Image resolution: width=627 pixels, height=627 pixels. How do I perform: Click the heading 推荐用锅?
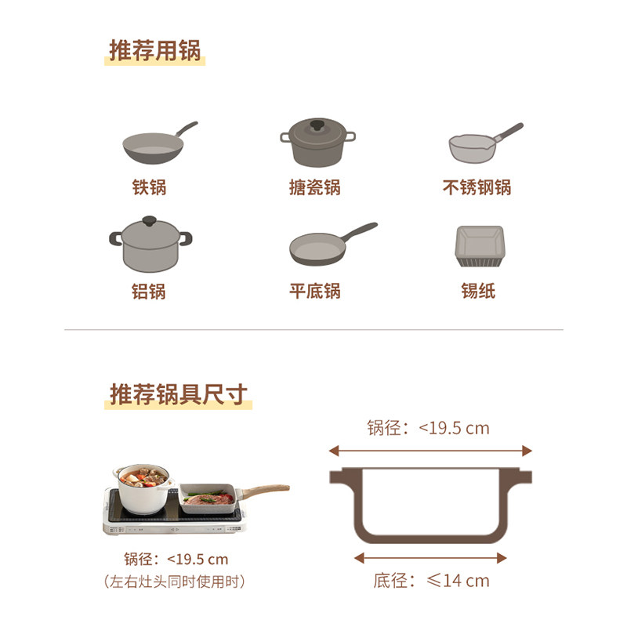pyautogui.click(x=155, y=50)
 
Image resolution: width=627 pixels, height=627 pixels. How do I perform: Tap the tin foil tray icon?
pyautogui.click(x=478, y=245)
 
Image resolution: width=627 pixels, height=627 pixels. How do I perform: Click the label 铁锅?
pyautogui.click(x=149, y=188)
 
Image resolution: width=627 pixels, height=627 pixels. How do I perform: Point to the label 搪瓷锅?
pyautogui.click(x=315, y=188)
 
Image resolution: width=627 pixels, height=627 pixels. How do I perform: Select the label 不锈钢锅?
pyautogui.click(x=477, y=188)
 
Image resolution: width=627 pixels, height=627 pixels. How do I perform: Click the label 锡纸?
pyautogui.click(x=478, y=291)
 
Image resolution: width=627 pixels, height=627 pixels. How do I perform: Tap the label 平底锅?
pyautogui.click(x=315, y=291)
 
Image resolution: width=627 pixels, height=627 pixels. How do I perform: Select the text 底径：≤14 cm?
pyautogui.click(x=431, y=581)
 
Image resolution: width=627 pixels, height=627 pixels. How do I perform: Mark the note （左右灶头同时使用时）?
pyautogui.click(x=176, y=582)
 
